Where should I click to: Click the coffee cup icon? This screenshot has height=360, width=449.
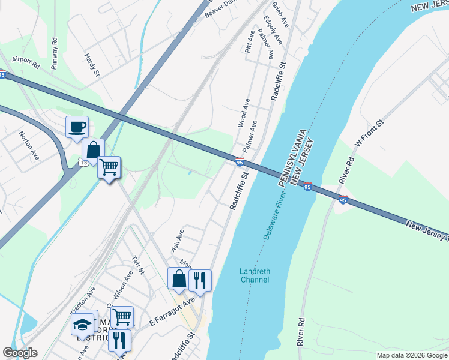pos(77,127)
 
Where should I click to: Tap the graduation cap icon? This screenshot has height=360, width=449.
pos(83,325)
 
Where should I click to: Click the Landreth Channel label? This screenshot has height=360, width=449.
pos(255,275)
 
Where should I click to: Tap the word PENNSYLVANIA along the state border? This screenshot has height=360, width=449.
pos(291,157)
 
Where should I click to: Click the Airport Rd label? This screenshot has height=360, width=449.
pos(26,61)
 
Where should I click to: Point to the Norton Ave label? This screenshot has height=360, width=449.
pos(29,146)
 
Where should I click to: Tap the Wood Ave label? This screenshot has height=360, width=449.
pos(244,112)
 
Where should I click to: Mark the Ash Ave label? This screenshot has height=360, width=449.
pos(178,239)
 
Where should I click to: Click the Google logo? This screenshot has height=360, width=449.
pos(20,353)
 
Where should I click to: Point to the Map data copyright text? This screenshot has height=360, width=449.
pos(411,355)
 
